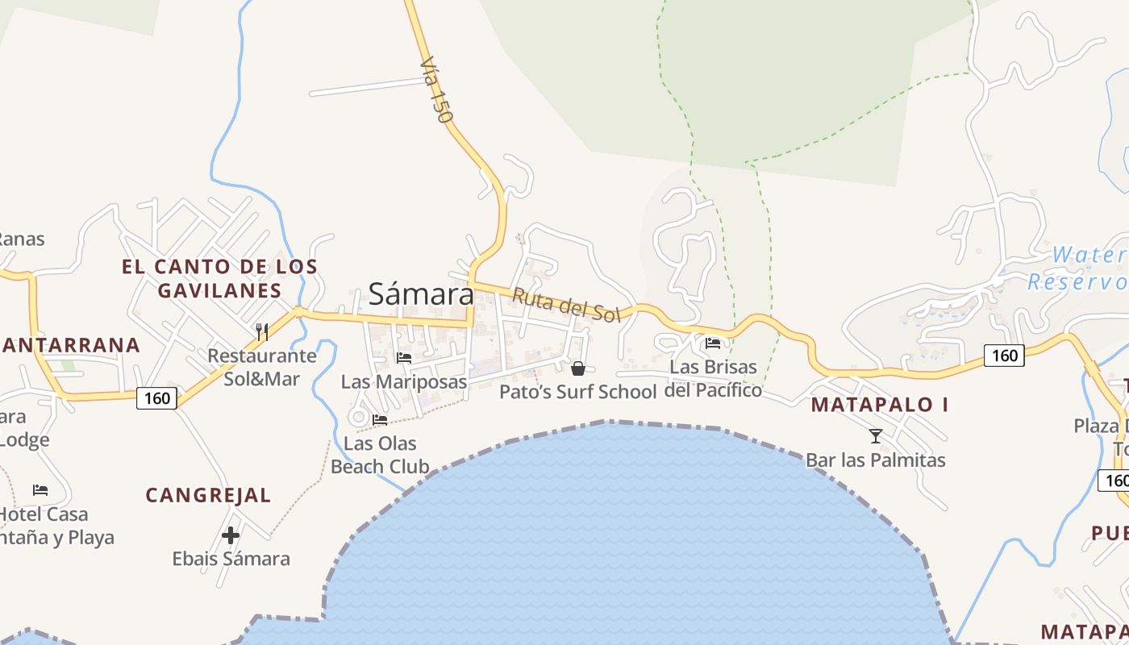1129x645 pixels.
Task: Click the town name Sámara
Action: tap(421, 293)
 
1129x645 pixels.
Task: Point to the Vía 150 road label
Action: tap(436, 89)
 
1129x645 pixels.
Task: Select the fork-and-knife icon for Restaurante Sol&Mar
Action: tap(261, 331)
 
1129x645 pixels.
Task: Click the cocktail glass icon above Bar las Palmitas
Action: tap(876, 436)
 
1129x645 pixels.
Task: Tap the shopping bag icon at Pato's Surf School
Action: tap(578, 368)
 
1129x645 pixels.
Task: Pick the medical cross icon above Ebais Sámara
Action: tap(231, 535)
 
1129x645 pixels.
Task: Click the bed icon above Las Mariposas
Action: tap(404, 357)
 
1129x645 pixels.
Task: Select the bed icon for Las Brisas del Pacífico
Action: tap(713, 343)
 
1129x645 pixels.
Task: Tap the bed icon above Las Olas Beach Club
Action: tap(380, 419)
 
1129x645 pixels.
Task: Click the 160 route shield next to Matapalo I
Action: tap(1004, 355)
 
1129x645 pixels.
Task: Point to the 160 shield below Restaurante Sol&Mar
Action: tap(156, 397)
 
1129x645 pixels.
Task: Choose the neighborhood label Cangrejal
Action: tap(208, 495)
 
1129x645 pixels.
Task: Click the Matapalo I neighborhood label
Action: tap(880, 405)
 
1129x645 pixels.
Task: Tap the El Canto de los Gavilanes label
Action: tap(219, 278)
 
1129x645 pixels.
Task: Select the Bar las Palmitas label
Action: tap(876, 460)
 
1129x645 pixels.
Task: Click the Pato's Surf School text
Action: tap(577, 392)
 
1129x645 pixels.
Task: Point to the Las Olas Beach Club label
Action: tap(380, 455)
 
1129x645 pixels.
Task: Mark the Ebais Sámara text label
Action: tap(231, 558)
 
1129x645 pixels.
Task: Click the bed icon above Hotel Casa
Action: tap(40, 489)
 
